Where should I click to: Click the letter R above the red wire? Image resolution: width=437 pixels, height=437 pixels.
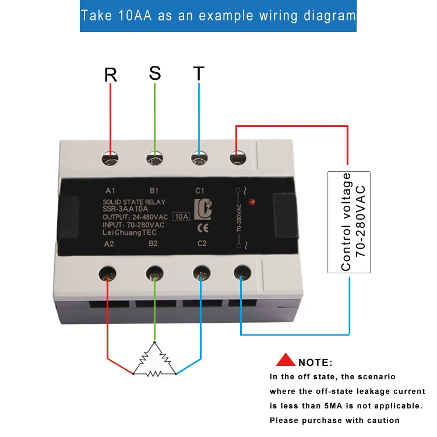pyautogui.click(x=111, y=75)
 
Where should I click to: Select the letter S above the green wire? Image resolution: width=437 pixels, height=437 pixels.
pyautogui.click(x=154, y=73)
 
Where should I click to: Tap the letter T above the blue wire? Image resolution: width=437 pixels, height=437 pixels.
pyautogui.click(x=199, y=74)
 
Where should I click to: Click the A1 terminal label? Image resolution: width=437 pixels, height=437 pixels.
pyautogui.click(x=111, y=191)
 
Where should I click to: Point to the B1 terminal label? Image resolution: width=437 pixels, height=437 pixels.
pyautogui.click(x=154, y=191)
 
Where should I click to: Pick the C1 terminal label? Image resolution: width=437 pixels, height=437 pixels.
pyautogui.click(x=200, y=191)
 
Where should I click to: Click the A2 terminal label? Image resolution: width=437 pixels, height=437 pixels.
pyautogui.click(x=109, y=244)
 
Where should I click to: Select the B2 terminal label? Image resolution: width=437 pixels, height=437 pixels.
pyautogui.click(x=153, y=244)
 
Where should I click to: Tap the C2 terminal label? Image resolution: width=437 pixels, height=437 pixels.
pyautogui.click(x=202, y=244)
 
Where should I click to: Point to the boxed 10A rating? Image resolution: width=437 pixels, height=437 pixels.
pyautogui.click(x=181, y=217)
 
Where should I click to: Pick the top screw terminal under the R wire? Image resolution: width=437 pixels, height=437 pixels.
pyautogui.click(x=110, y=157)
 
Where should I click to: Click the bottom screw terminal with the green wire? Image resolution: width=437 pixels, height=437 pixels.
pyautogui.click(x=154, y=272)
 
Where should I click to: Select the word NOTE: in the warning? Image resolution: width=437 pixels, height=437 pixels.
pyautogui.click(x=315, y=362)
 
